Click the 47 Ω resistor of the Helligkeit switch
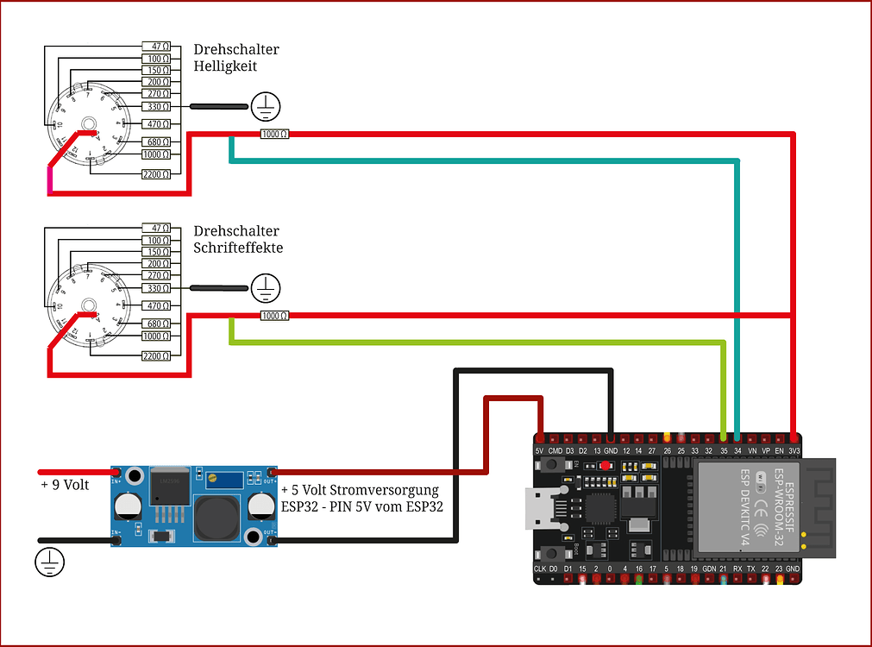tap(156, 46)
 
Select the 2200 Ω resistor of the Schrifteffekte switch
tap(156, 355)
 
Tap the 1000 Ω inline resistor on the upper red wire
tap(274, 134)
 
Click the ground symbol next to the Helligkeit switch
tap(266, 106)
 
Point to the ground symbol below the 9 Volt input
tap(49, 563)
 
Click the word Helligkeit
tap(225, 66)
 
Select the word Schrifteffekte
tap(238, 248)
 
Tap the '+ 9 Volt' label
tap(65, 485)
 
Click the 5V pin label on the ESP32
tap(540, 451)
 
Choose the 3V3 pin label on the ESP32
tap(794, 451)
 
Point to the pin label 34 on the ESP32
tap(737, 451)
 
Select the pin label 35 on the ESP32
tap(724, 451)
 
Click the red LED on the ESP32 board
tap(605, 465)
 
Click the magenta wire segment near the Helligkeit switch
tap(51, 179)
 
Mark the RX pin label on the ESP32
tap(737, 569)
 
